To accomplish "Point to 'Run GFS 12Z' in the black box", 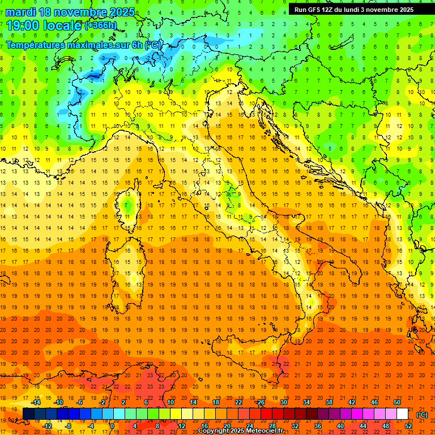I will point(315,10).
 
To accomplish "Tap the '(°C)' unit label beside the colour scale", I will point(421,415).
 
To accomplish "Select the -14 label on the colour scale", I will point(36,402).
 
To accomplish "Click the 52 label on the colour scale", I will point(408,426).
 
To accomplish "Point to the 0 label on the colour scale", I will point(112,426).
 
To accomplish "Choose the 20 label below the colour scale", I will point(227,426).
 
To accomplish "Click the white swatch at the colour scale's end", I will point(402,414).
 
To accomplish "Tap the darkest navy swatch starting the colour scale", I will point(28,414).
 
